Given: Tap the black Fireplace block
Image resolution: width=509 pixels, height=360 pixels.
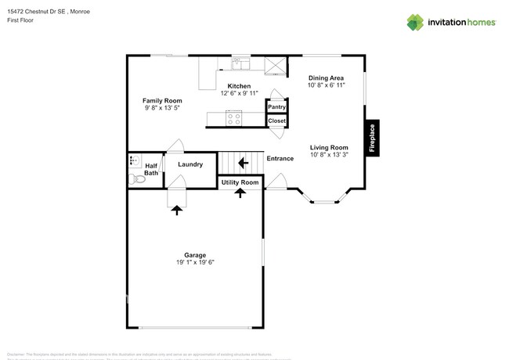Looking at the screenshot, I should [x=372, y=139].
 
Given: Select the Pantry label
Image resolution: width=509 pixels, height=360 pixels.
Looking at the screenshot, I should [x=276, y=106].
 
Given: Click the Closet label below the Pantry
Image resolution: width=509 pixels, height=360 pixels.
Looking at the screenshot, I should [x=276, y=121].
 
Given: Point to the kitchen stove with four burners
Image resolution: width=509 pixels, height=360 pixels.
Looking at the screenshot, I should [x=233, y=118].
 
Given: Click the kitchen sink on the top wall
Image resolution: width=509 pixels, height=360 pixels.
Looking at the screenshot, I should [x=240, y=64].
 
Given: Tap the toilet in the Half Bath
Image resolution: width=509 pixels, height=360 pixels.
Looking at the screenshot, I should [x=138, y=179].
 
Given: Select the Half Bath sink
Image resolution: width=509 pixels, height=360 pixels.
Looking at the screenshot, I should [x=133, y=162].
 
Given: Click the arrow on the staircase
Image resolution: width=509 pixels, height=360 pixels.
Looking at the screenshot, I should [x=243, y=163].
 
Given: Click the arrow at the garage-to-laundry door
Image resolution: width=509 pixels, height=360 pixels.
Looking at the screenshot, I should [x=176, y=209].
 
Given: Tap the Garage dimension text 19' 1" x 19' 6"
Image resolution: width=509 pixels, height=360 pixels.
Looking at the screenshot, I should [x=195, y=262].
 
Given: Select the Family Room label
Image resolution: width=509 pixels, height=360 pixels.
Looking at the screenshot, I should [x=162, y=100].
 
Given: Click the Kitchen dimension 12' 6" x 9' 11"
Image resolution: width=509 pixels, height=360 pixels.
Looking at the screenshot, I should [x=239, y=94].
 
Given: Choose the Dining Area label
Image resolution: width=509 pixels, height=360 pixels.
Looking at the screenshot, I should [x=327, y=77].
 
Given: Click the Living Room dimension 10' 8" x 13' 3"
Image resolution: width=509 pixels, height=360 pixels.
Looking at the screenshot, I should [x=329, y=156].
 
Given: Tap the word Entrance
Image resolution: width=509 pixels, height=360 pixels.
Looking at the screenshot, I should [x=280, y=159].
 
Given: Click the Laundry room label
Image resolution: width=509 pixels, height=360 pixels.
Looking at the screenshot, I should [x=190, y=164].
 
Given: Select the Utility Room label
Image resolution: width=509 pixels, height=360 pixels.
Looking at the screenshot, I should [x=240, y=182].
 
